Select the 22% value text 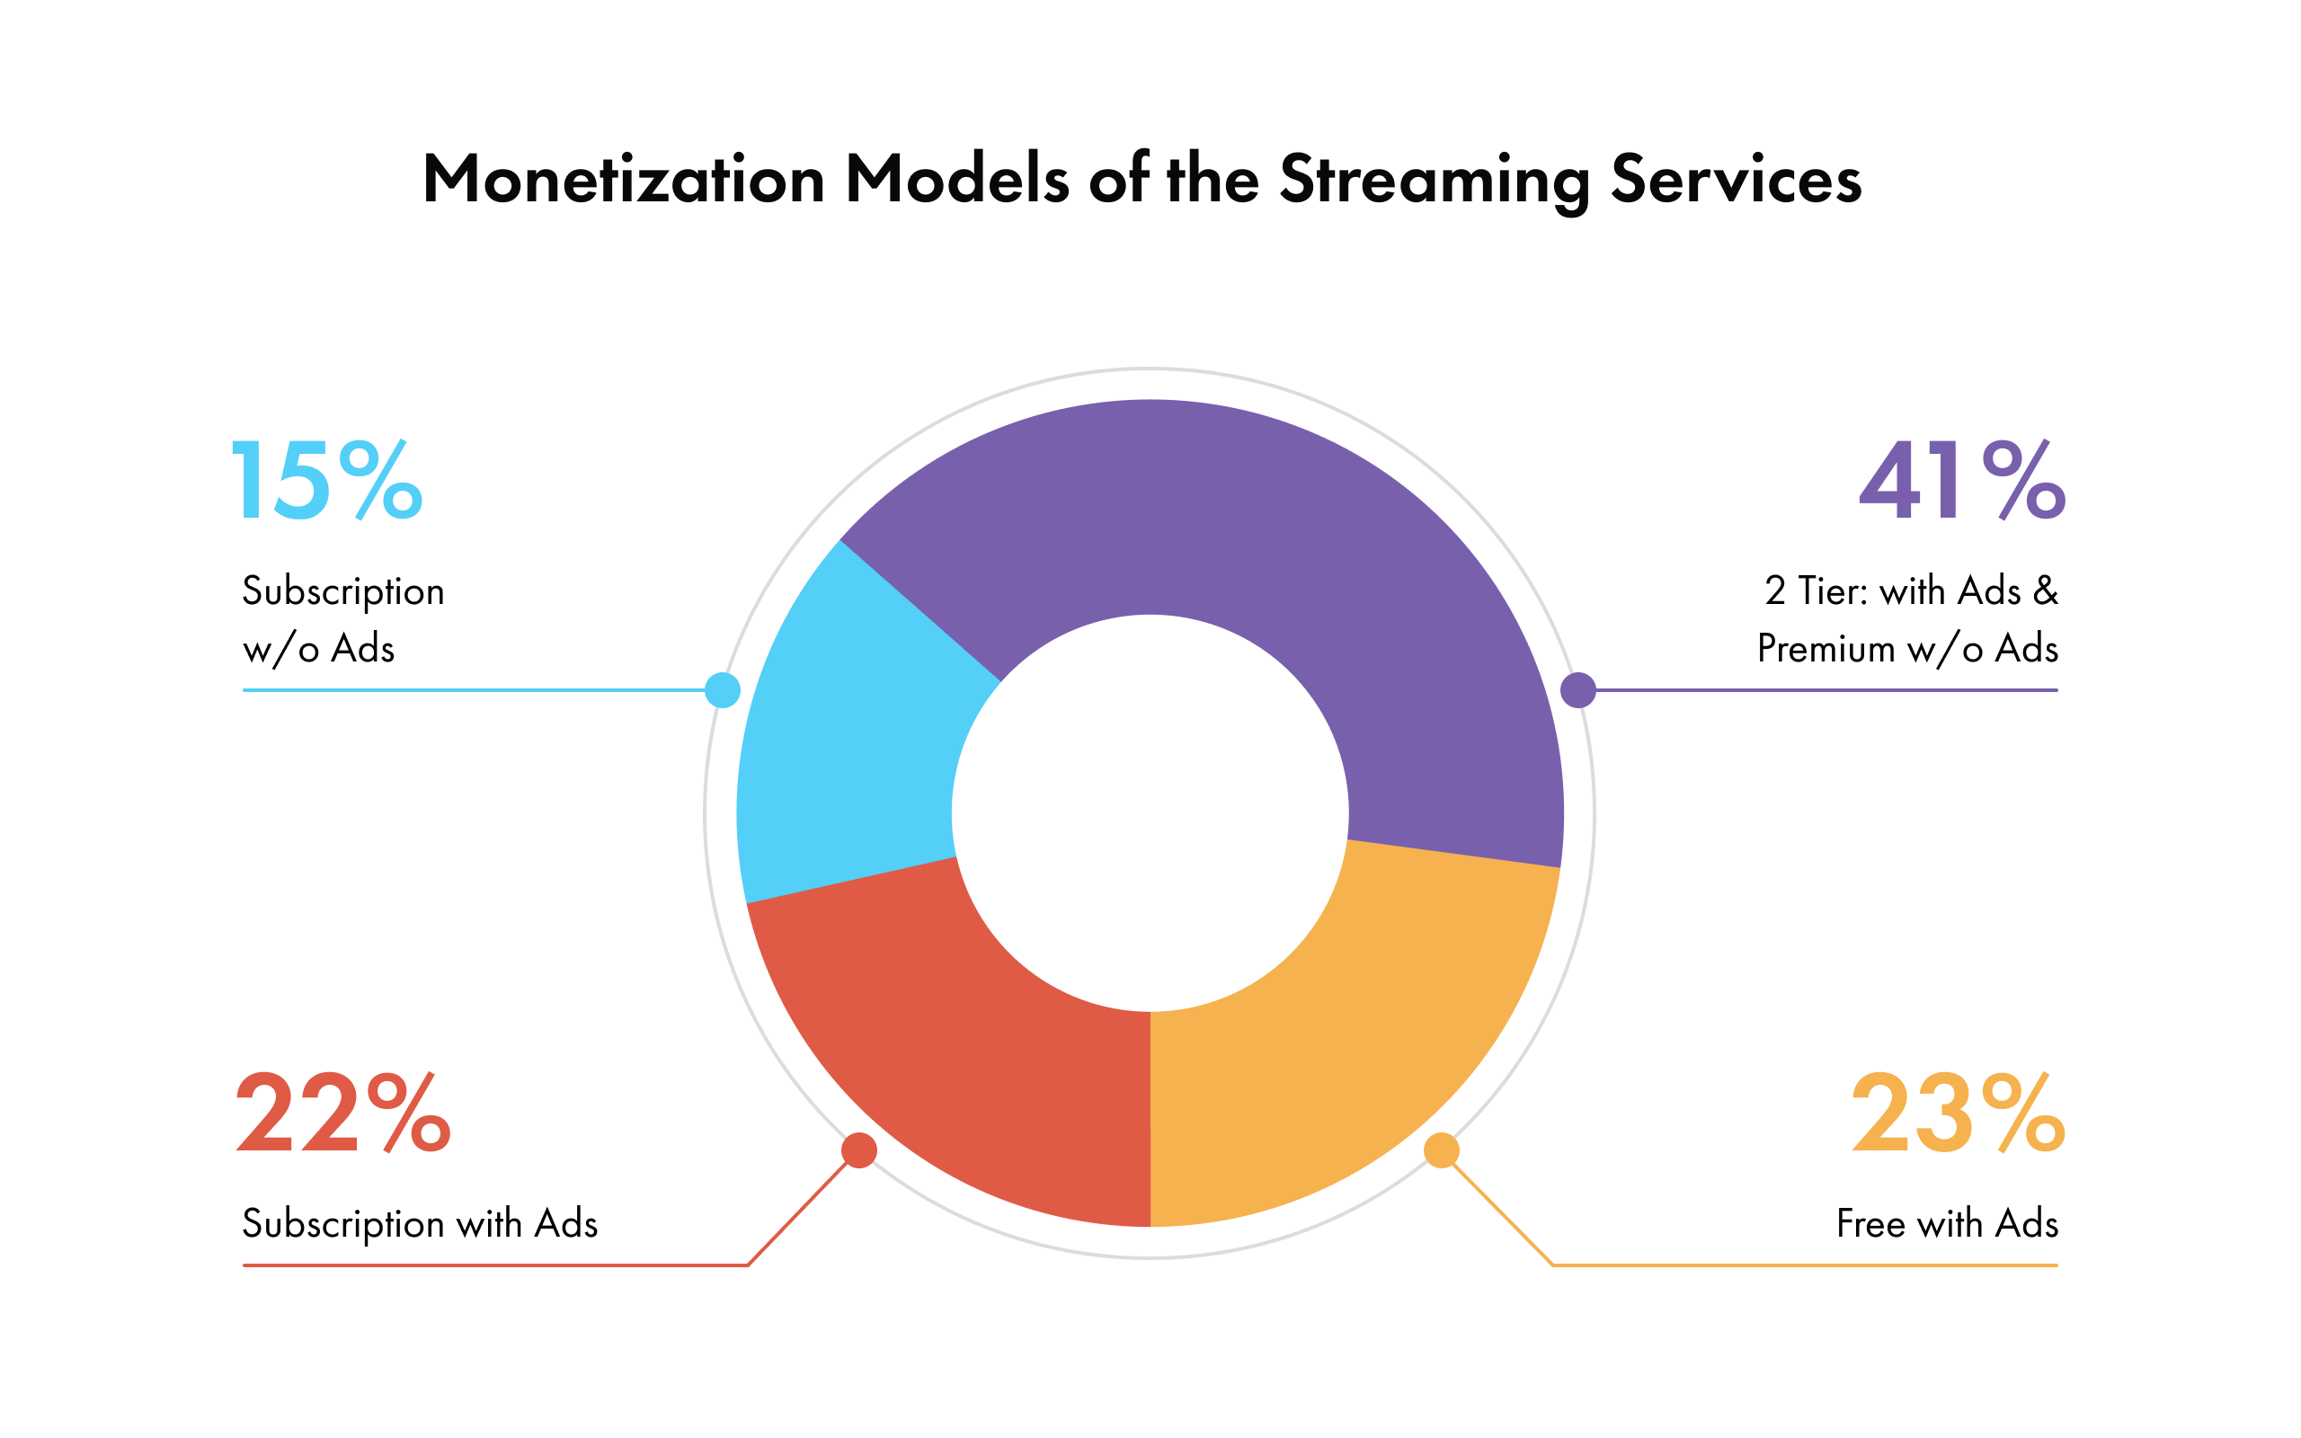coord(342,1113)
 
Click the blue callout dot coord(723,690)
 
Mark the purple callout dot coord(1578,690)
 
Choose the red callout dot coord(859,1150)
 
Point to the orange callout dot coord(1442,1150)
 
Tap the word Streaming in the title coord(1434,181)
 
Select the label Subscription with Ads coord(420,1224)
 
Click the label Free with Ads coord(1947,1224)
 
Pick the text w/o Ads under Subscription coord(318,650)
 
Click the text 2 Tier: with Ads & coord(1911,591)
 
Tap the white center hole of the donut coord(1150,813)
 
